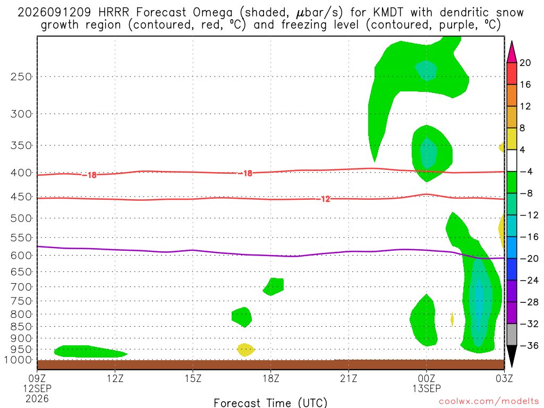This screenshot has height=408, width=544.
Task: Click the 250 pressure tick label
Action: (21, 76)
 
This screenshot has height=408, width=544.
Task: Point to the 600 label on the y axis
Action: (21, 256)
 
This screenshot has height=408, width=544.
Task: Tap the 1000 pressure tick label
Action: (19, 360)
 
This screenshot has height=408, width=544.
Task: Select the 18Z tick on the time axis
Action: (271, 378)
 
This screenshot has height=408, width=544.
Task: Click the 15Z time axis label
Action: (193, 378)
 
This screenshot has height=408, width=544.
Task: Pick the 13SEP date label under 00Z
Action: (427, 388)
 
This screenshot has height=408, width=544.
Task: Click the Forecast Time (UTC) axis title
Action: (270, 403)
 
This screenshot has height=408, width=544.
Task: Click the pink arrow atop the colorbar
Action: (512, 52)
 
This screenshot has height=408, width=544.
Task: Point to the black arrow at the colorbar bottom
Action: (512, 356)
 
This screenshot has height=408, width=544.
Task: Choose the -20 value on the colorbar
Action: (529, 259)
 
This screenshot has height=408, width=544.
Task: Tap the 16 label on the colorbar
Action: (525, 84)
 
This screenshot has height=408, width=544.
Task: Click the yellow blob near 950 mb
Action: (245, 350)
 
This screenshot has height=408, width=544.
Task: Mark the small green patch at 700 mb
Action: (274, 286)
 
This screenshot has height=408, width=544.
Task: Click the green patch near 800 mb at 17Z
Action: (242, 317)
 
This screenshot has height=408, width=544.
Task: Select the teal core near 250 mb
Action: (426, 71)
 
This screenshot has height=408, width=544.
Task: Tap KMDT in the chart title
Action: (388, 13)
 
